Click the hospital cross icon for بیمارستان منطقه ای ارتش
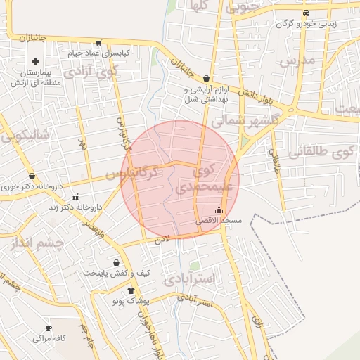click(35, 62)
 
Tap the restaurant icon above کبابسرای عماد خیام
click(98, 42)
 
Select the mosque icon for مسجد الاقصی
click(218, 210)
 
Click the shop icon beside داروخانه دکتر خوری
click(32, 176)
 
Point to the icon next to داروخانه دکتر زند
click(75, 196)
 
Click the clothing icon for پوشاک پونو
click(130, 290)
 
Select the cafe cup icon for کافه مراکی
click(49, 328)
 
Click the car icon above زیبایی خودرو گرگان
click(305, 13)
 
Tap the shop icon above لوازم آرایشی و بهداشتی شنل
click(206, 78)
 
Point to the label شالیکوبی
click(25, 136)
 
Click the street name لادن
click(163, 240)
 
